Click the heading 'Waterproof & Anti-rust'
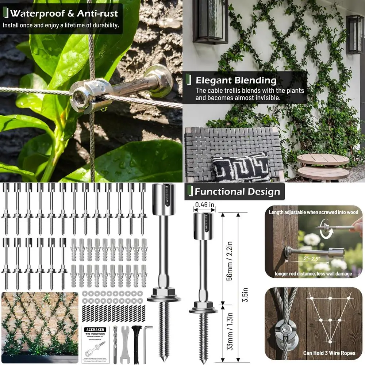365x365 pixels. click(x=64, y=14)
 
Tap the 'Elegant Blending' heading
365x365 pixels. click(x=236, y=80)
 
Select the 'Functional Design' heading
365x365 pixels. click(x=237, y=192)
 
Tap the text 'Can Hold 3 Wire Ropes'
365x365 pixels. click(x=313, y=353)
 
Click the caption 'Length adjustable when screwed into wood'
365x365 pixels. click(x=313, y=212)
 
